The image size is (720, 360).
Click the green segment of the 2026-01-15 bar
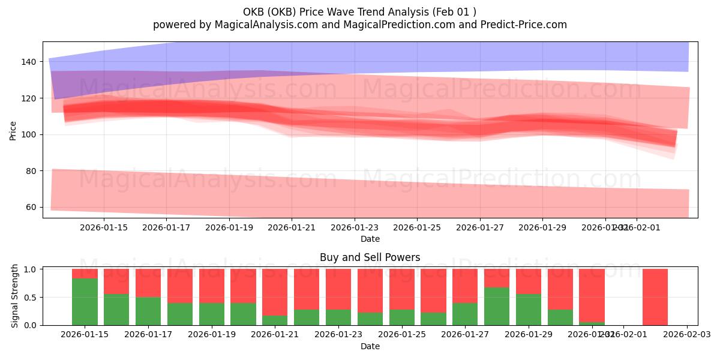85,302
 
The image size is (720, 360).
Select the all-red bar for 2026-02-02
655,297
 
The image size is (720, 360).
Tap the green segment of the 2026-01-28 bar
497,306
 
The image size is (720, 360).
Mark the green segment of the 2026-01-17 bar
148,311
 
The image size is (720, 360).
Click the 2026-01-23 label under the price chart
355,227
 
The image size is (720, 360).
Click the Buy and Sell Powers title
370,257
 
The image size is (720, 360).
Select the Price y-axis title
13,130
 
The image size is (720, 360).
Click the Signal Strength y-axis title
15,296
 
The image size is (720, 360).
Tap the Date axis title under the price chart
370,239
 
